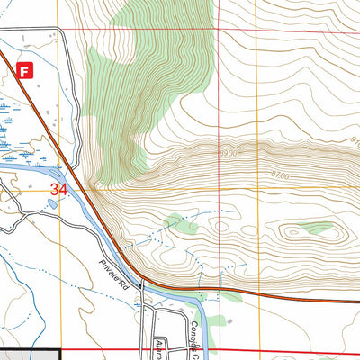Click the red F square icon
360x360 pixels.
coord(26,69)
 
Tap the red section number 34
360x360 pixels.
coord(59,190)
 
